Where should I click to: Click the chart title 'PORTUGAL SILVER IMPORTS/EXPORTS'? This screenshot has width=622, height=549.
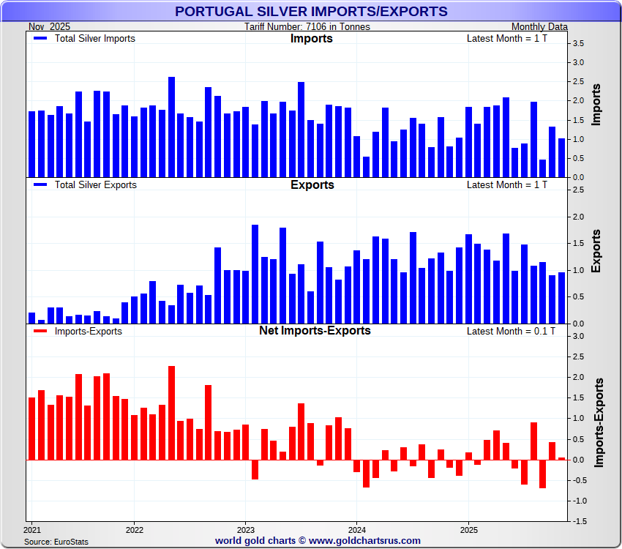(311, 11)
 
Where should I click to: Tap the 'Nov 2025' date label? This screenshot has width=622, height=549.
(50, 27)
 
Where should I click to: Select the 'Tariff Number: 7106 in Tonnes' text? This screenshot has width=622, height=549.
(307, 27)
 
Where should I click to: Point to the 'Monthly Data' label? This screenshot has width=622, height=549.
(539, 27)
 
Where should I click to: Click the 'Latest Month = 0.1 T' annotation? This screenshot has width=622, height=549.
(511, 331)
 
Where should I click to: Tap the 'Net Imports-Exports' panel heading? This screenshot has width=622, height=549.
(315, 331)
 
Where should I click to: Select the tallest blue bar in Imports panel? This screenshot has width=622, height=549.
(171, 127)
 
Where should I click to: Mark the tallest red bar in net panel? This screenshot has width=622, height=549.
(171, 413)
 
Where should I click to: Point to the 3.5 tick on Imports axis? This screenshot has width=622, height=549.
(577, 44)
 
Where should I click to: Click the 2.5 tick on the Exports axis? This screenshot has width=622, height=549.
(577, 190)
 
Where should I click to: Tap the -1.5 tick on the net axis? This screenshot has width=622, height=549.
(577, 521)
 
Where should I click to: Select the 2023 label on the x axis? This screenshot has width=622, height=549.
(246, 529)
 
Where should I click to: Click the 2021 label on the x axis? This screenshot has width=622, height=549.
(32, 529)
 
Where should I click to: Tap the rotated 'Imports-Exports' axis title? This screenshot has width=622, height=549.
(599, 423)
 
